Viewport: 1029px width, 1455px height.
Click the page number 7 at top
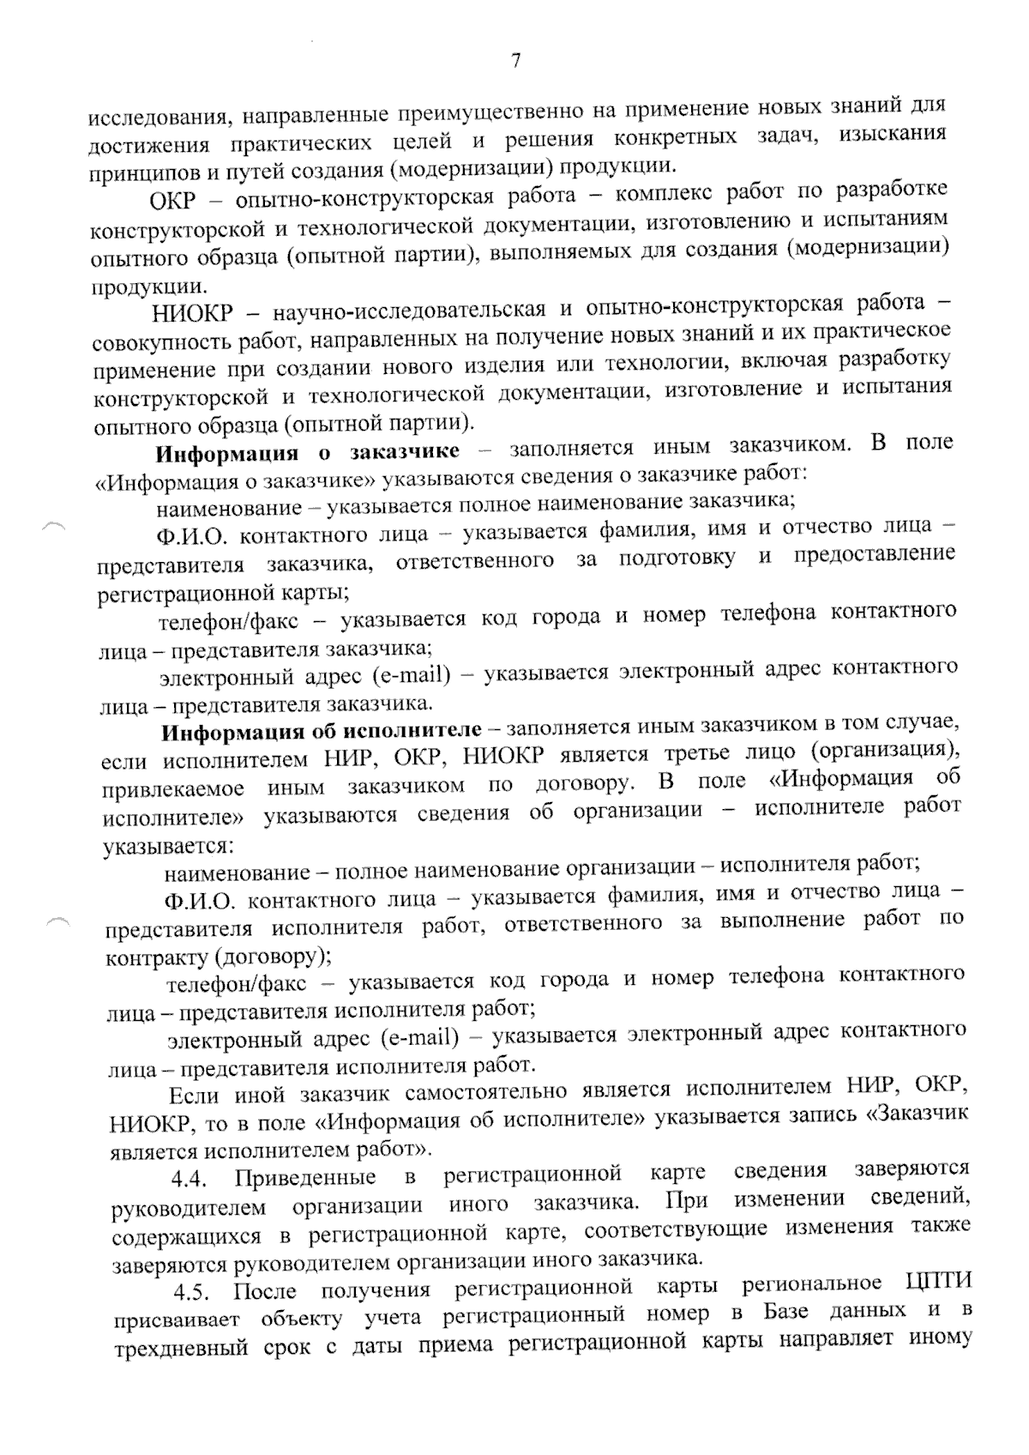click(515, 61)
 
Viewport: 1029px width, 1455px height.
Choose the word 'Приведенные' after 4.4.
click(304, 1176)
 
